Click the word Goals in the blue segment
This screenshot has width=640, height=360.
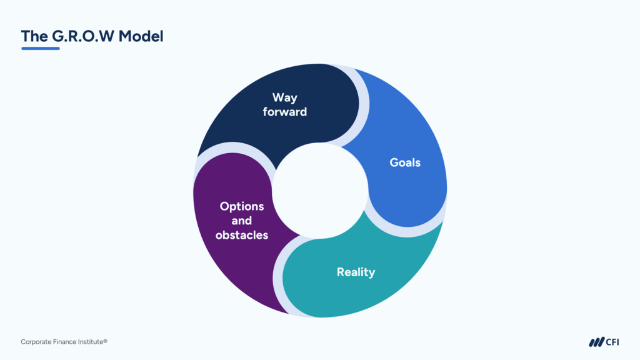[405, 162]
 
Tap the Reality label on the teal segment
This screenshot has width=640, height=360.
[356, 272]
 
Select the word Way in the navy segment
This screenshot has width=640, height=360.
[285, 97]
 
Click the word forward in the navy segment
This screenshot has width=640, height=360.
[285, 112]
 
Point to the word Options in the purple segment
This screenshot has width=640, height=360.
[242, 206]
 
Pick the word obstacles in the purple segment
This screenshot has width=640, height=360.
[242, 235]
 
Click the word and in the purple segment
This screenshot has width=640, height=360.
[242, 221]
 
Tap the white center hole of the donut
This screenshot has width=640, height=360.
[320, 191]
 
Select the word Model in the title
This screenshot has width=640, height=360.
[141, 36]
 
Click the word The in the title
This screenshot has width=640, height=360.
[34, 36]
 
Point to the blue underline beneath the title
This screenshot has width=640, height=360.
[41, 48]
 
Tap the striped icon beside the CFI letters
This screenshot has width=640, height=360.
[596, 342]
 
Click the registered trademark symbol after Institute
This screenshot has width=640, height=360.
[106, 341]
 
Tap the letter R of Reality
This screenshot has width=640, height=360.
[341, 272]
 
